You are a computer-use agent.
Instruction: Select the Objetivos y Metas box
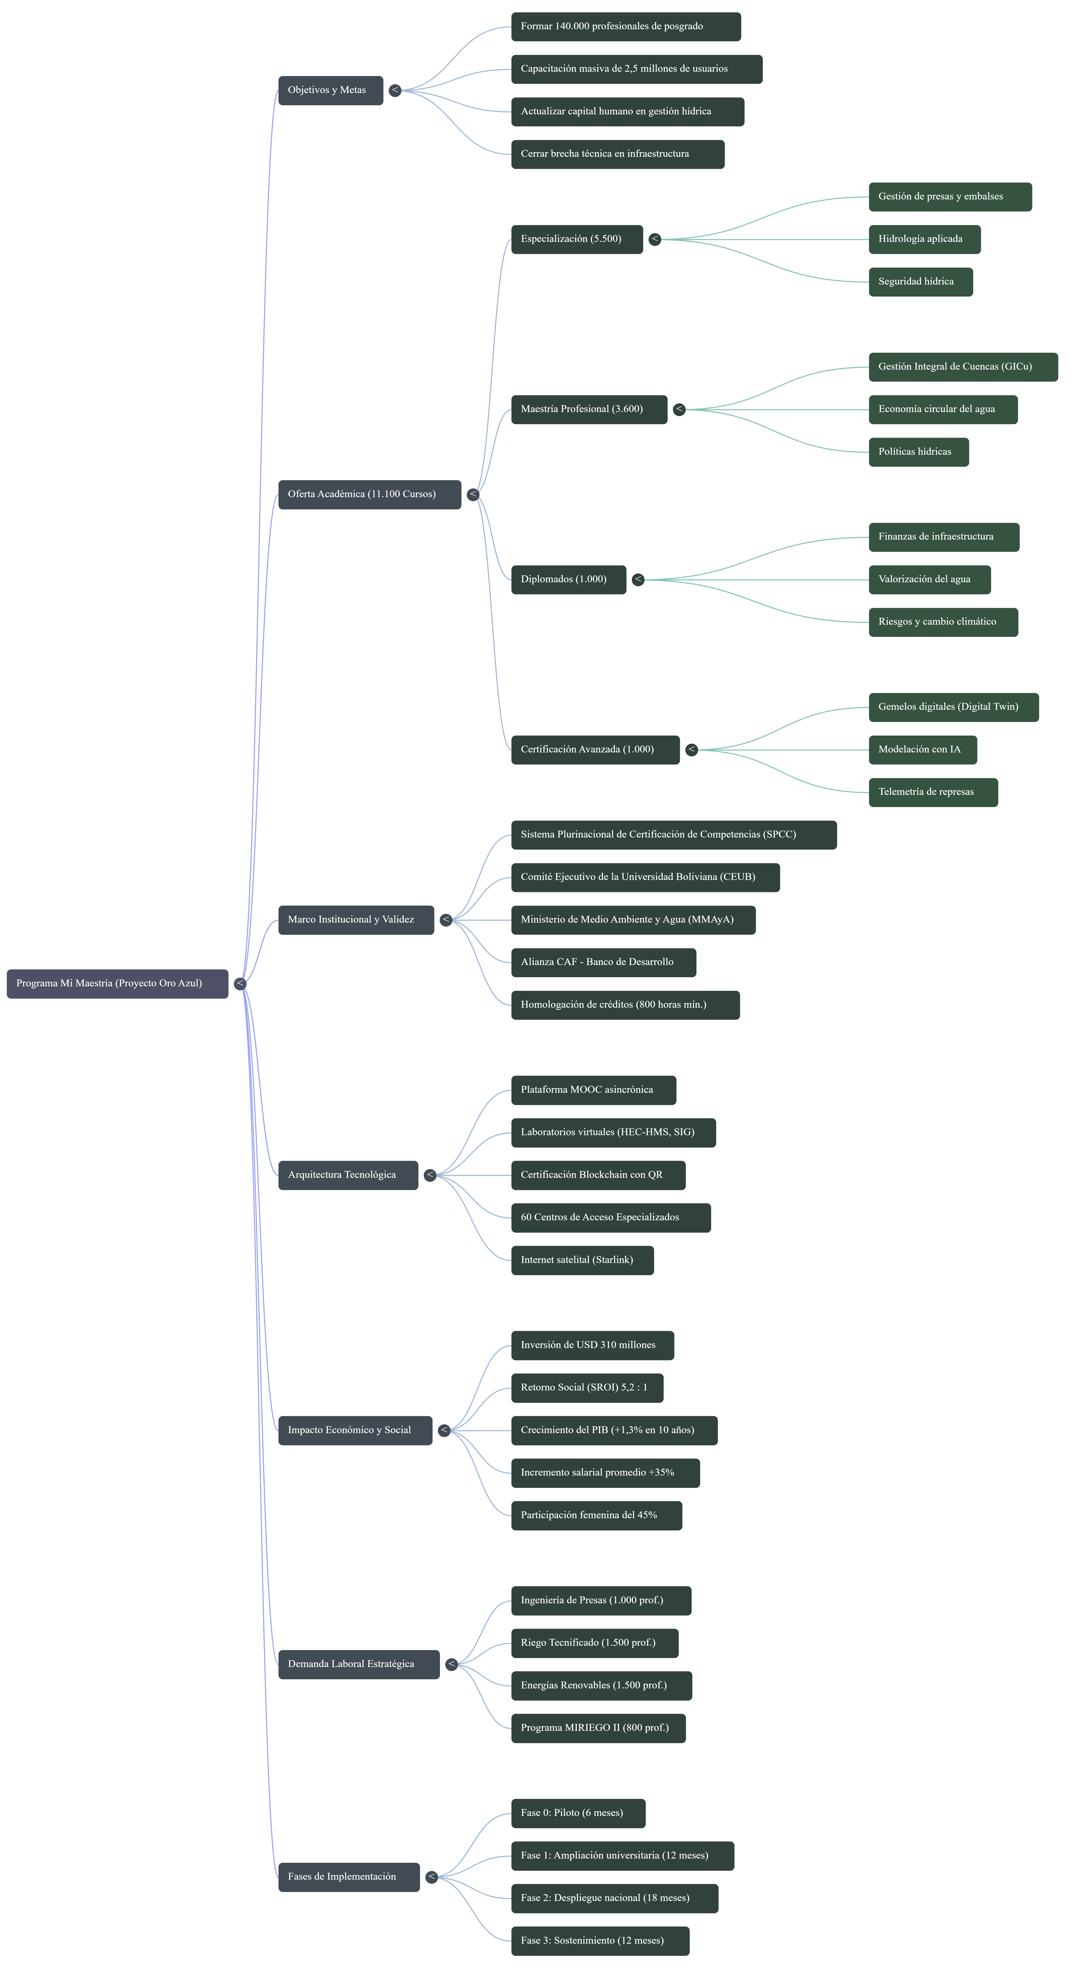coord(331,90)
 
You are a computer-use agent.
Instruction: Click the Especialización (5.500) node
coord(577,239)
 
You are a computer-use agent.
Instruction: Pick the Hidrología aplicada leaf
coord(924,239)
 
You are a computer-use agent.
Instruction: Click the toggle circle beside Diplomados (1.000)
coord(639,580)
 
